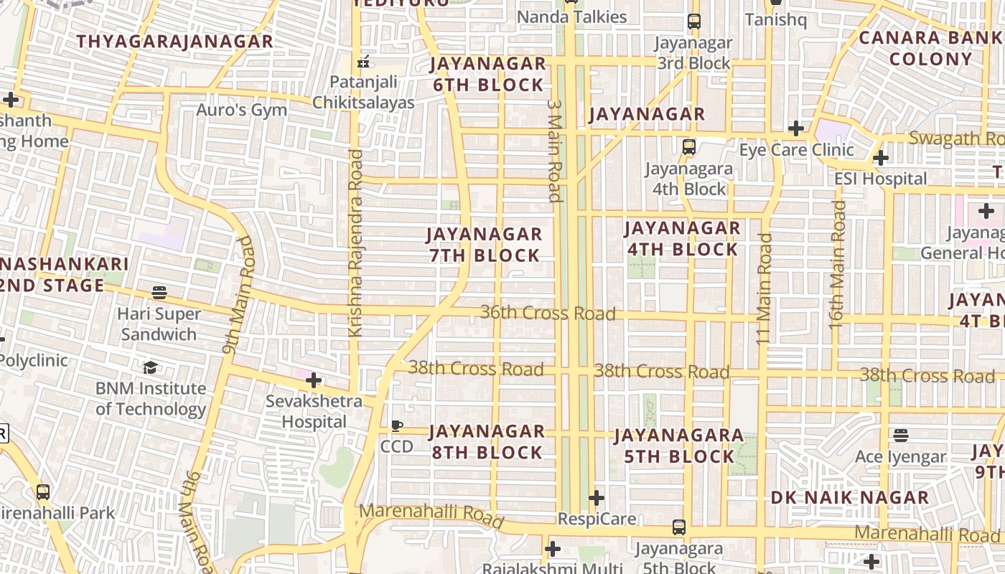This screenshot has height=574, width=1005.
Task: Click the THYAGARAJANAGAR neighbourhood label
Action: (174, 42)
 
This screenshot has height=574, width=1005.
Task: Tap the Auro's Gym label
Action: (241, 110)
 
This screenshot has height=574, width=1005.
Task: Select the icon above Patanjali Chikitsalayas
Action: (364, 62)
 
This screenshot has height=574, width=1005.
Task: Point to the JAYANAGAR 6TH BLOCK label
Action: (487, 75)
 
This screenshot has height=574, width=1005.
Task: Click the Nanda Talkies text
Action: (571, 17)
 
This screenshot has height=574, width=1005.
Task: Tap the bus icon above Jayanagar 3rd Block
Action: (693, 22)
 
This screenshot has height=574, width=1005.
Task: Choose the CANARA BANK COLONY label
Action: (930, 48)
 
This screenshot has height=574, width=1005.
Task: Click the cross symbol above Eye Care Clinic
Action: (795, 128)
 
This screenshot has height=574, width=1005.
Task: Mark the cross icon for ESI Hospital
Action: (881, 158)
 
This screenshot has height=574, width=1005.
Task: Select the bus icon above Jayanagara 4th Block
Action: (688, 147)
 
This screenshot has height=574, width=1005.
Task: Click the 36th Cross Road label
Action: (548, 313)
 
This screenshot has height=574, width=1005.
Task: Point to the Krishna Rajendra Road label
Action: (355, 243)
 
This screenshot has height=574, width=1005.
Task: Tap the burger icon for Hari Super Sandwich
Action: (159, 293)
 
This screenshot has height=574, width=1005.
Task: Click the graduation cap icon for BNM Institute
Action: (150, 368)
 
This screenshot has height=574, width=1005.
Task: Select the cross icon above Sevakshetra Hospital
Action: (314, 380)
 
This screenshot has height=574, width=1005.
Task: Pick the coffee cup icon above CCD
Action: (396, 426)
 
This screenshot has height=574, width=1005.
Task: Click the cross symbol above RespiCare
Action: (596, 497)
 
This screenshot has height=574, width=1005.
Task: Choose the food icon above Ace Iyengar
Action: (901, 436)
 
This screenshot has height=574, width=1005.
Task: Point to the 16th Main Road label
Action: (837, 265)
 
